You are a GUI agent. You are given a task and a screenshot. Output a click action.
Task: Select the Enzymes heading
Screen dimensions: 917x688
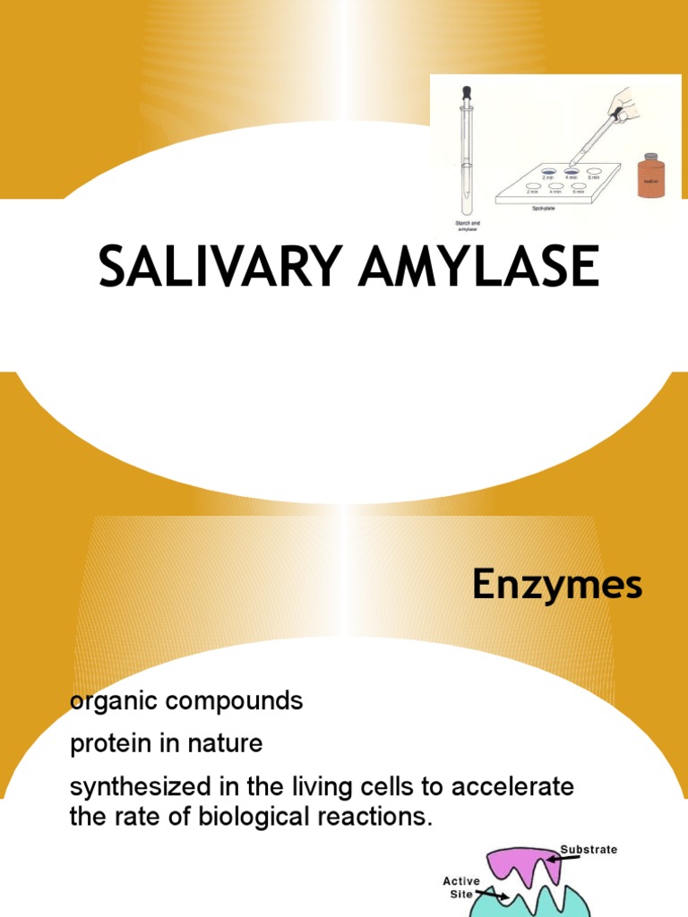(557, 587)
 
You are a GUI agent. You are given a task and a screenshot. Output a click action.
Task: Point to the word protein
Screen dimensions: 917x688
(111, 743)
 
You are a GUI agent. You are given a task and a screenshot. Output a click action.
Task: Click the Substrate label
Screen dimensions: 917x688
(589, 849)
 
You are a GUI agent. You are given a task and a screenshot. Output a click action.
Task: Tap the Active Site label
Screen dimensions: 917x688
(460, 887)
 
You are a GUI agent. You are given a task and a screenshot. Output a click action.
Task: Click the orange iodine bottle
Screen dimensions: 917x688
(650, 176)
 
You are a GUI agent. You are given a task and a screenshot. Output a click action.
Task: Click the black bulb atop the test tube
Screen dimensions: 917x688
(466, 91)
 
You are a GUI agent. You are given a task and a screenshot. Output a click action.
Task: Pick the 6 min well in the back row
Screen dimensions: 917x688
(594, 169)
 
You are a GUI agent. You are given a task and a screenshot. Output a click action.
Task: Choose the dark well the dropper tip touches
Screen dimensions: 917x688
(571, 169)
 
